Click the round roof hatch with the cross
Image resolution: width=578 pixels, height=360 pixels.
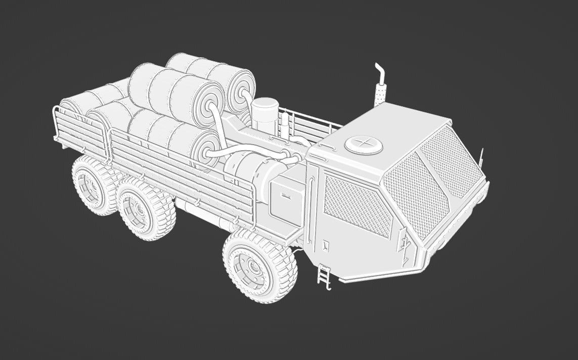pyautogui.click(x=363, y=144)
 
